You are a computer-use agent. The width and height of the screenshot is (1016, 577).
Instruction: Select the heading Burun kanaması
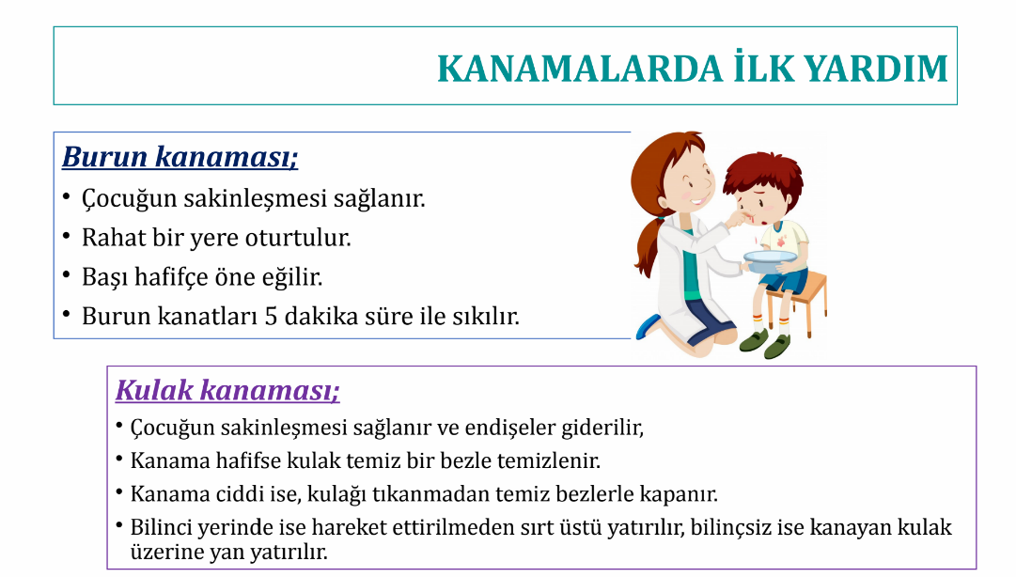180,157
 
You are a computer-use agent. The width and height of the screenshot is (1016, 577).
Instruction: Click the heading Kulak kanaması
227,391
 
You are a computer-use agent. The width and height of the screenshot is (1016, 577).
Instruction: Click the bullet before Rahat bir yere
67,237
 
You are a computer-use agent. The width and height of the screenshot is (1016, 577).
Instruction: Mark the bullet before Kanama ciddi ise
119,492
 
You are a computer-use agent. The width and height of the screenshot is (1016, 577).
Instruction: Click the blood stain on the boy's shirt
782,240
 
